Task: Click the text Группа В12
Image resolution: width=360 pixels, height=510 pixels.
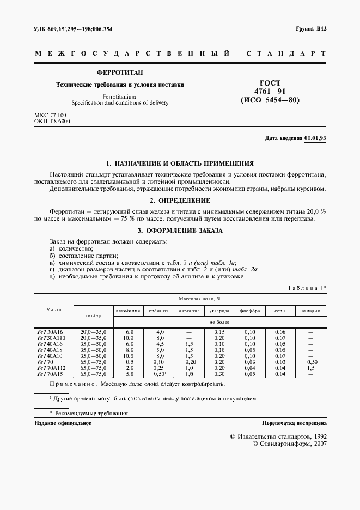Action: pyautogui.click(x=311, y=29)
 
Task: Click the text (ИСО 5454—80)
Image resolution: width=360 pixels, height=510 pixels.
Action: pyautogui.click(x=270, y=100)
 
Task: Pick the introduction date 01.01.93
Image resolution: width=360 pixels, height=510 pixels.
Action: pyautogui.click(x=315, y=139)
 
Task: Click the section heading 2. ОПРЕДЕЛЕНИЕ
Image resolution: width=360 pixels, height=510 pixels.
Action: pyautogui.click(x=179, y=201)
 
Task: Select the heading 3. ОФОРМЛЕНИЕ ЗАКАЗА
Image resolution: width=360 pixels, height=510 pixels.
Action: pyautogui.click(x=179, y=231)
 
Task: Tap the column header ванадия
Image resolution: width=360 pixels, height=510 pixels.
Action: pyautogui.click(x=311, y=311)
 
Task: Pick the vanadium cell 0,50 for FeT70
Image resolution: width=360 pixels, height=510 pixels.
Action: pyautogui.click(x=311, y=362)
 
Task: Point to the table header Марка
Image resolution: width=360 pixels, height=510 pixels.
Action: pyautogui.click(x=53, y=309)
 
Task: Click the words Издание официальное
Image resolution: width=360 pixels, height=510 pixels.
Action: pyautogui.click(x=63, y=423)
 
